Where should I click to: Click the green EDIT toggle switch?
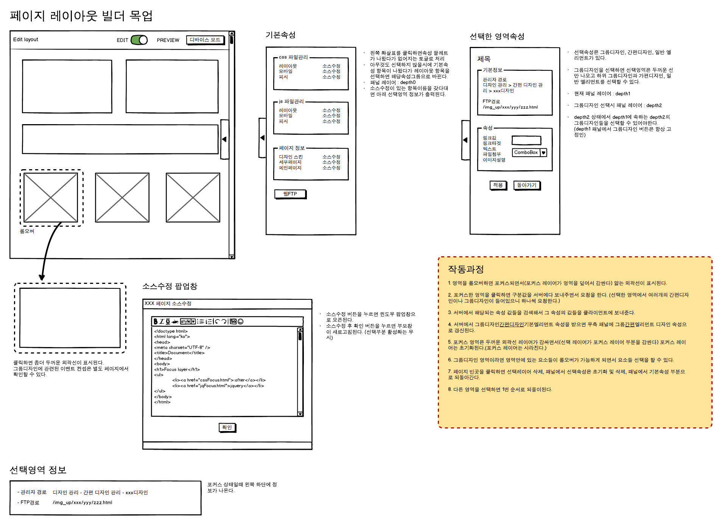[139, 40]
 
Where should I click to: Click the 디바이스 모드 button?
[205, 40]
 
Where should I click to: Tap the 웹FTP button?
[290, 194]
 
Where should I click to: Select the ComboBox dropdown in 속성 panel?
[529, 153]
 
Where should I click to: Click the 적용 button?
[498, 185]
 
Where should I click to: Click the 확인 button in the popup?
[227, 427]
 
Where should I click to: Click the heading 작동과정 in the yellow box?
[466, 269]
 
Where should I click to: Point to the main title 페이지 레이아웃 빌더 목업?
[81, 16]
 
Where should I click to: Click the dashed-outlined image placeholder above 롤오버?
[51, 198]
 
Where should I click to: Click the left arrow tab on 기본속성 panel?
[262, 138]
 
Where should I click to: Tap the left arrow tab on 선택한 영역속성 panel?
[465, 140]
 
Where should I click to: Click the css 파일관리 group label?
[293, 57]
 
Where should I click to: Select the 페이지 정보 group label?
[292, 148]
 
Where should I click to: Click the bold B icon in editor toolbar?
[155, 321]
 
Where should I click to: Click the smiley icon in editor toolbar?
[241, 321]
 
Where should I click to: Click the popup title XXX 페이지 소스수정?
[168, 304]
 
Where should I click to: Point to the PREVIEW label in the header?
[168, 40]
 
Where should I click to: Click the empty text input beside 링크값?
[526, 140]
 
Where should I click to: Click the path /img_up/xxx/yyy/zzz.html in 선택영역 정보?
[82, 503]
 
